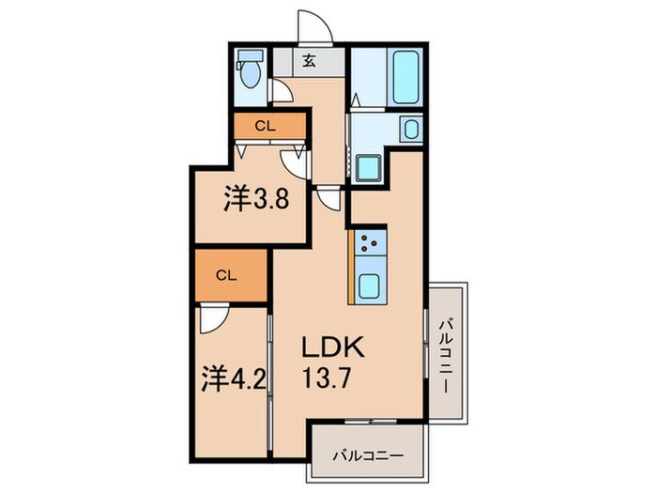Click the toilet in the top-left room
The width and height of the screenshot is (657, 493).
(x=249, y=72)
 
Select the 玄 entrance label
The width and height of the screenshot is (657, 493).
(x=308, y=62)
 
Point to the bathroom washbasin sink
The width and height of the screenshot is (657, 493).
(x=409, y=129)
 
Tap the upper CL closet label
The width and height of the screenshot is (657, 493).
(x=267, y=125)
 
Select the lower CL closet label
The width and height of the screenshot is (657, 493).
(x=224, y=275)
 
